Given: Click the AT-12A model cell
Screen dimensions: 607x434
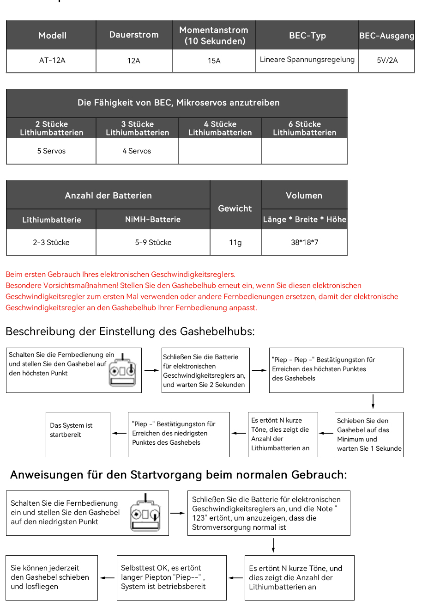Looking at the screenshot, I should [x=52, y=61].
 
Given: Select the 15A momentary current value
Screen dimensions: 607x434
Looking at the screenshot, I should [x=214, y=61].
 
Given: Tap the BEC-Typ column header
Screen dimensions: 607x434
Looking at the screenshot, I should [x=307, y=36].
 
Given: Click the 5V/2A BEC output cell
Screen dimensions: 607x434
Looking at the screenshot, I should [x=387, y=61].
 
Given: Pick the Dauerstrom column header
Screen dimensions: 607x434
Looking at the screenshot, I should [x=134, y=35].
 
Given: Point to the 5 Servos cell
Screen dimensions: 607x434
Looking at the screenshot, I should [x=51, y=151].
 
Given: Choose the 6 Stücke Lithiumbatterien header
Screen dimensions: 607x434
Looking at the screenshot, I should [x=304, y=128].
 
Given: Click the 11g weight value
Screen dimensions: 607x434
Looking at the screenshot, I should [x=235, y=243].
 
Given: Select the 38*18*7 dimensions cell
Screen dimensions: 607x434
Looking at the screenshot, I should [x=304, y=243].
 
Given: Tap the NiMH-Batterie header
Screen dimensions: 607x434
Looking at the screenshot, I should [x=153, y=220].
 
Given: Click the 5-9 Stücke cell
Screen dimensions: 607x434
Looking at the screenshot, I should [x=153, y=243].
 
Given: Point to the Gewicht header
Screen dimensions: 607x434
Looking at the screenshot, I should [x=235, y=208].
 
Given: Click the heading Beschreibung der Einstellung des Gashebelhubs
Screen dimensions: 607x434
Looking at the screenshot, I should [x=130, y=331].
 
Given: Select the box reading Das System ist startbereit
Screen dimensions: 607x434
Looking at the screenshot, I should [x=78, y=434].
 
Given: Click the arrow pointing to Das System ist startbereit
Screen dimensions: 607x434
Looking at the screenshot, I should [x=119, y=433].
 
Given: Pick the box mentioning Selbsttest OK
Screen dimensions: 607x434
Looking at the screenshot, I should [x=171, y=577].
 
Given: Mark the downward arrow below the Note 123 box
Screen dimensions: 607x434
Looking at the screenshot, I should [x=273, y=546].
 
